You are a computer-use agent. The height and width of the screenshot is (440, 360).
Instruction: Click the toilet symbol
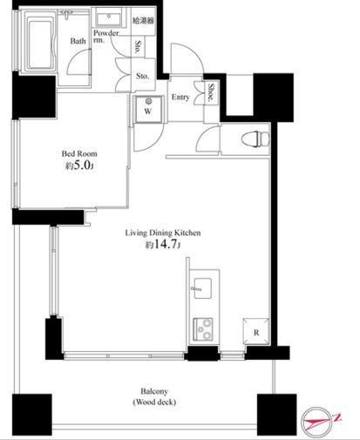tap(255, 139)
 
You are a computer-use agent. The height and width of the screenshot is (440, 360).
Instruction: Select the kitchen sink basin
tap(202, 288)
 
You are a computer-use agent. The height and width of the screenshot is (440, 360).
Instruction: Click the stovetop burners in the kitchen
tap(203, 329)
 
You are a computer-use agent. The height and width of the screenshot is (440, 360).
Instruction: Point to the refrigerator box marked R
tap(256, 331)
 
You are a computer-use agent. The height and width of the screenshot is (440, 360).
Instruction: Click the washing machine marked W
tap(148, 109)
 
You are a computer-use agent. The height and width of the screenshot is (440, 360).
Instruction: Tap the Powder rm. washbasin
tap(109, 18)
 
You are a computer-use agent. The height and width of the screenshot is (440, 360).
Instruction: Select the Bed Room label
tap(79, 153)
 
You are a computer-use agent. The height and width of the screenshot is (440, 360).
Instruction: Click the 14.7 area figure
tap(165, 245)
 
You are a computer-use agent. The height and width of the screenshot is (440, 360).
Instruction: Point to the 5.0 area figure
tap(82, 166)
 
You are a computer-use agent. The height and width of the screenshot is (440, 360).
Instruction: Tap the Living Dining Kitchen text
tap(163, 233)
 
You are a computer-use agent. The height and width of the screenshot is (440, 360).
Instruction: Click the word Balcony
tap(154, 391)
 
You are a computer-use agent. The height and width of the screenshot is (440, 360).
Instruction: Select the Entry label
tap(180, 97)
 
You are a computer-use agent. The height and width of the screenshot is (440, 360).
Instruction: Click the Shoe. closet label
tap(211, 92)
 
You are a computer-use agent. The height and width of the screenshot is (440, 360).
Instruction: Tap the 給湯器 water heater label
tap(143, 21)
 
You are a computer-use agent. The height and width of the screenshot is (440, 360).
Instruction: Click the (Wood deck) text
tap(154, 403)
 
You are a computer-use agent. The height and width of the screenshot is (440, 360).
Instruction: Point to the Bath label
tap(78, 41)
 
